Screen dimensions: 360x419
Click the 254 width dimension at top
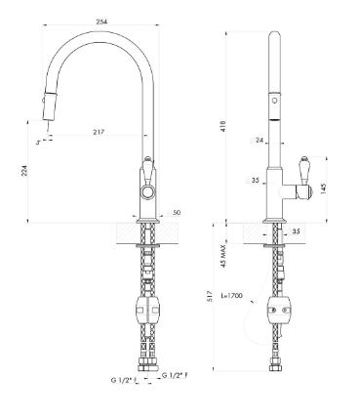[101, 21]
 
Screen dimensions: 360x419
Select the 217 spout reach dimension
[99, 132]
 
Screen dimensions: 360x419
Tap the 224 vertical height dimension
[24, 171]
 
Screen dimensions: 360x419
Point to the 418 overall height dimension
[222, 126]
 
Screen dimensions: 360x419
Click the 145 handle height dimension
[324, 189]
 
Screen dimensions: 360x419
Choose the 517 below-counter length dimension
[211, 296]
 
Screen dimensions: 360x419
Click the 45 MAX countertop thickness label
[223, 256]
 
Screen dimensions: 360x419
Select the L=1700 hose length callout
[231, 296]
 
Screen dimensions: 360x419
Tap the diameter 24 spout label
[257, 141]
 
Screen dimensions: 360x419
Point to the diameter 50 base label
[174, 213]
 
